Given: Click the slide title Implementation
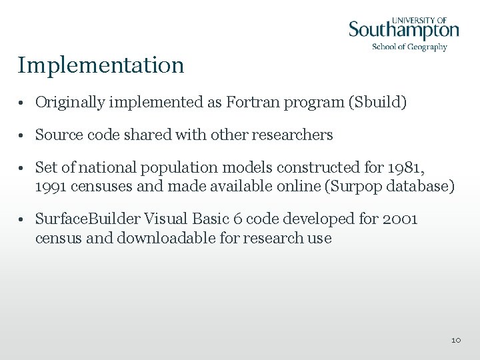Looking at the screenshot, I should pyautogui.click(x=101, y=65).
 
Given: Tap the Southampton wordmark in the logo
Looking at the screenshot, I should pyautogui.click(x=404, y=31).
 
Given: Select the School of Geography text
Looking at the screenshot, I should pyautogui.click(x=409, y=47).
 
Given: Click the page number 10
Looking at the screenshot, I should pyautogui.click(x=456, y=340).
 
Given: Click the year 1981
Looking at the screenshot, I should pyautogui.click(x=406, y=167).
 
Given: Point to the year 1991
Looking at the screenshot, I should pyautogui.click(x=51, y=186).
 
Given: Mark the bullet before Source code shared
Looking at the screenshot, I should pyautogui.click(x=22, y=135).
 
